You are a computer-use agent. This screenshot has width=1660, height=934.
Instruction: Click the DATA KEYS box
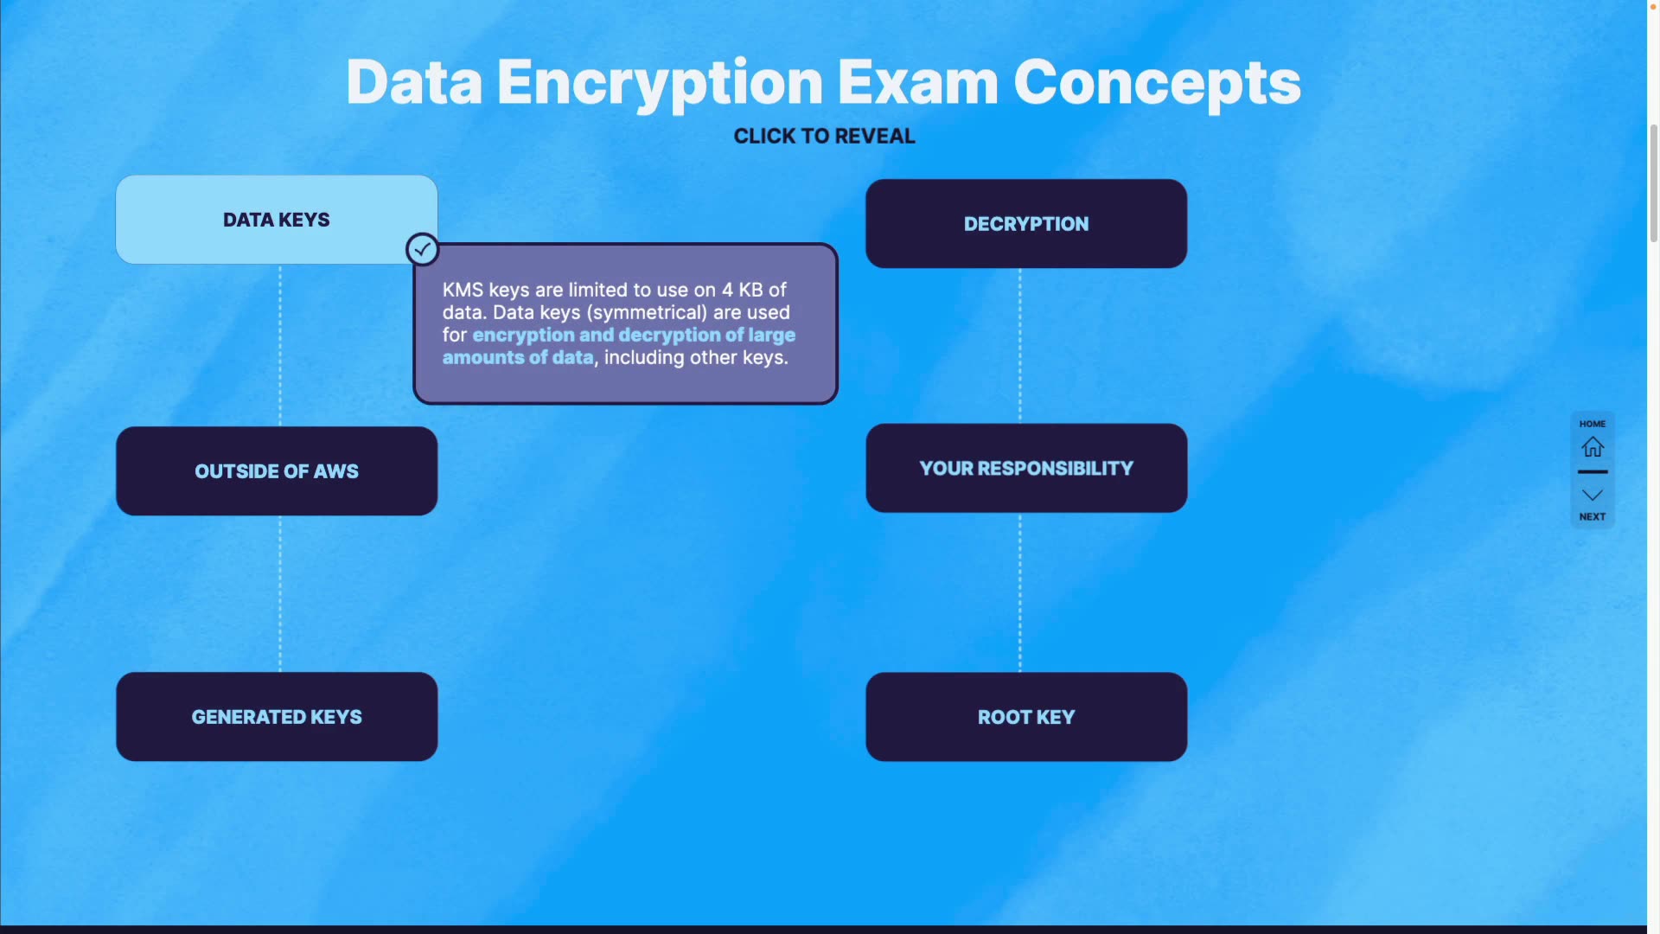coord(276,220)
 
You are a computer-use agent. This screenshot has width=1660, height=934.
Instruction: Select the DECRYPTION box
coord(1025,224)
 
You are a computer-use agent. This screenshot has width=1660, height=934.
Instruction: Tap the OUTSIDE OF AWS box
coord(276,471)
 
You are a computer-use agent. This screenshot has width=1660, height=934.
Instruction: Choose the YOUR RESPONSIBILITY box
coord(1025,468)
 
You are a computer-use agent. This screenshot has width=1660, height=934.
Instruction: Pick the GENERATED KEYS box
coord(276,717)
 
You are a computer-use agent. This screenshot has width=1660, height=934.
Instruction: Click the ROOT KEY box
coord(1025,717)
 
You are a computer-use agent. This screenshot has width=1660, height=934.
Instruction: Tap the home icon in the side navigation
coord(1592,447)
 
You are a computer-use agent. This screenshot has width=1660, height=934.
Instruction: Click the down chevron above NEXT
coord(1592,495)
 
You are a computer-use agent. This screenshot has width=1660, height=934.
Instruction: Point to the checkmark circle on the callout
coord(422,250)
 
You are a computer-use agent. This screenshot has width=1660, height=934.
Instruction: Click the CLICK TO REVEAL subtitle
coord(824,137)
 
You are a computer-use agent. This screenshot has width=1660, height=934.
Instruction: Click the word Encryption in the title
coord(660,84)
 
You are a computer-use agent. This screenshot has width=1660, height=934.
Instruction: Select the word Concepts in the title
coord(1156,84)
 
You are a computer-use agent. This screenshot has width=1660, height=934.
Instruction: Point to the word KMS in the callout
coord(463,291)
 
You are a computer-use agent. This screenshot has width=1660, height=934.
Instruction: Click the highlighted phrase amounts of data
coord(518,358)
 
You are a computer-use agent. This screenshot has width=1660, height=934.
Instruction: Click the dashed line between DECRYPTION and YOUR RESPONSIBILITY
coord(1020,346)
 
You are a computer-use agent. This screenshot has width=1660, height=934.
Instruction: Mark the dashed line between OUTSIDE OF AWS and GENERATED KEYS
coord(280,593)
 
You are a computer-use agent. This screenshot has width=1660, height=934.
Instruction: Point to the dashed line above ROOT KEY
coord(1020,593)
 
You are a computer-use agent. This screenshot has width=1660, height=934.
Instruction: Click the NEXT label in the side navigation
coord(1592,517)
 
